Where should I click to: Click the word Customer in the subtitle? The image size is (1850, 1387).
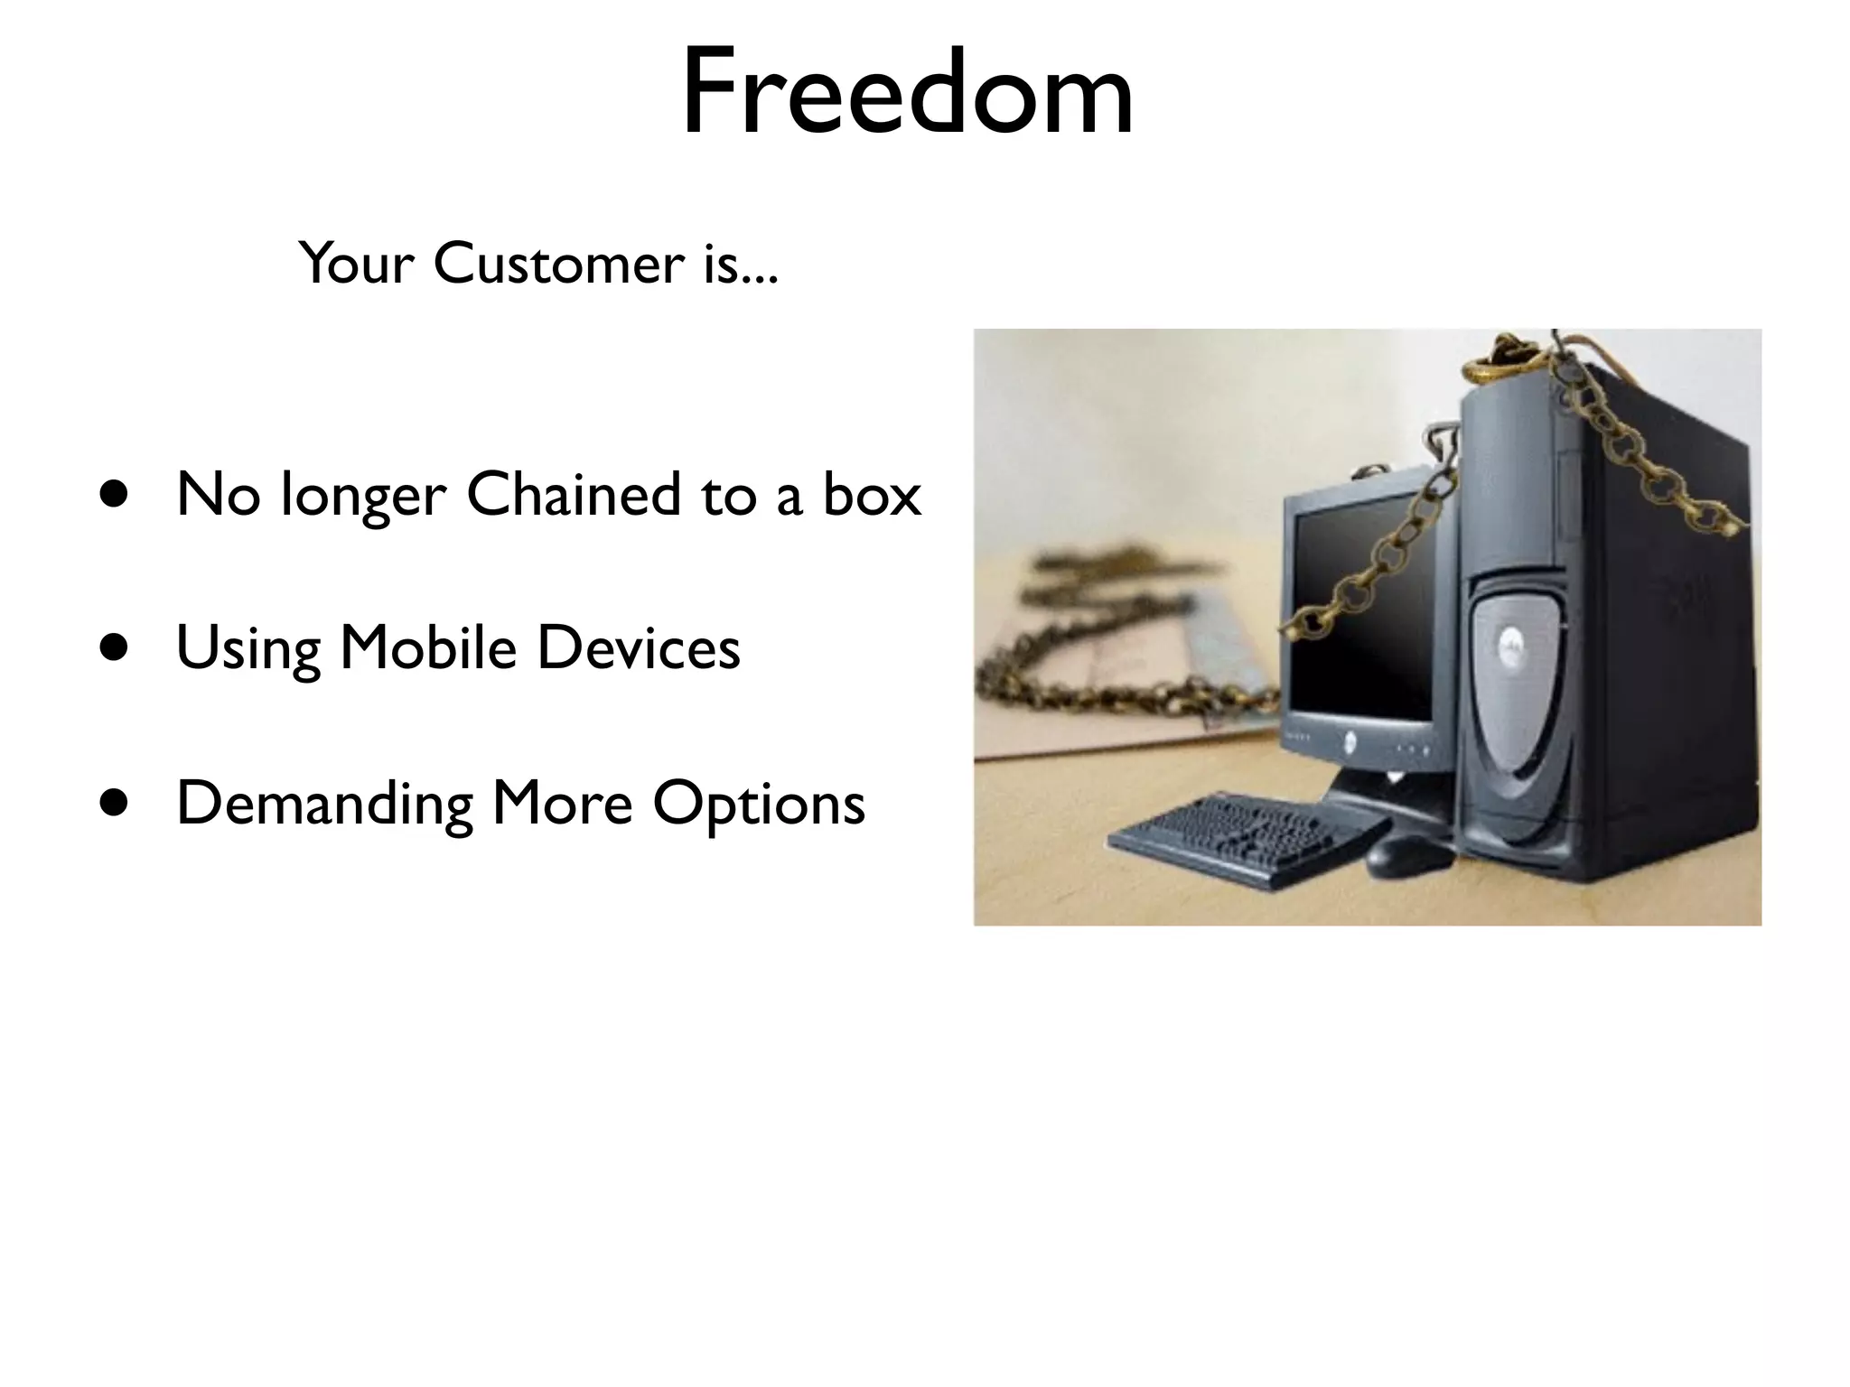[x=559, y=264]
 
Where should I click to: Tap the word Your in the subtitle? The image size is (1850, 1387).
[x=356, y=264]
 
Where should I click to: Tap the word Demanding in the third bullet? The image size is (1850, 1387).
[x=324, y=803]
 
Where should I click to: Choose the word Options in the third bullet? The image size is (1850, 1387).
[x=759, y=803]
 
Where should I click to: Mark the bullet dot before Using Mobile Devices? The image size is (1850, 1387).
[x=115, y=648]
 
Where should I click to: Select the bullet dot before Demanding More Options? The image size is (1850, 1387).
[x=115, y=803]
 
